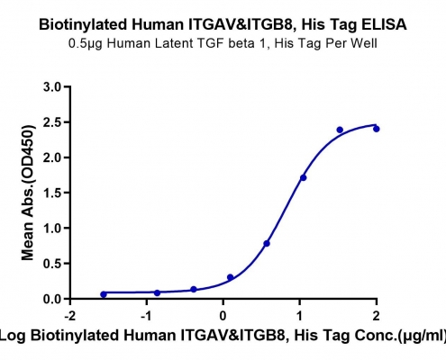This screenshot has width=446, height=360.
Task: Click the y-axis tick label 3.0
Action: coord(52,87)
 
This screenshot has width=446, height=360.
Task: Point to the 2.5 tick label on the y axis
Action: coord(52,122)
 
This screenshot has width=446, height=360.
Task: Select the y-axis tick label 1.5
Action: coord(52,193)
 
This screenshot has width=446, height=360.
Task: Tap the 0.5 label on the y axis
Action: coord(52,264)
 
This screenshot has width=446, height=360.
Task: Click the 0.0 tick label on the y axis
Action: coord(52,299)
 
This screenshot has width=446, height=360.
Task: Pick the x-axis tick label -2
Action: coord(70,316)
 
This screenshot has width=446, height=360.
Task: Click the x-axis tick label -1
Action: coord(147,316)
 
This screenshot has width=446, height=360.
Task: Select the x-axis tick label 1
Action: coord(299,316)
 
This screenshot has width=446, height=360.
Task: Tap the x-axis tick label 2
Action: coord(376,316)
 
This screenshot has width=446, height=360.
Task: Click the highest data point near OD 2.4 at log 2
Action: coord(377,129)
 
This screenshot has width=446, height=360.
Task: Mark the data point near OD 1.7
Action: coord(304,178)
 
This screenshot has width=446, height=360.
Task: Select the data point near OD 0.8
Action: coord(267,243)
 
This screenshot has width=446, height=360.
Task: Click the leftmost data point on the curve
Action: coord(104,294)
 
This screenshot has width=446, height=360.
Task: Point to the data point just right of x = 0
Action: coord(231,277)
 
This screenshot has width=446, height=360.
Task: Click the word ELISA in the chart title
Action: coord(384,24)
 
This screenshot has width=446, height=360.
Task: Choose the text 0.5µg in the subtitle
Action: coord(86,44)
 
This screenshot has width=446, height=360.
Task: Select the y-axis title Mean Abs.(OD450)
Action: coord(28,193)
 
